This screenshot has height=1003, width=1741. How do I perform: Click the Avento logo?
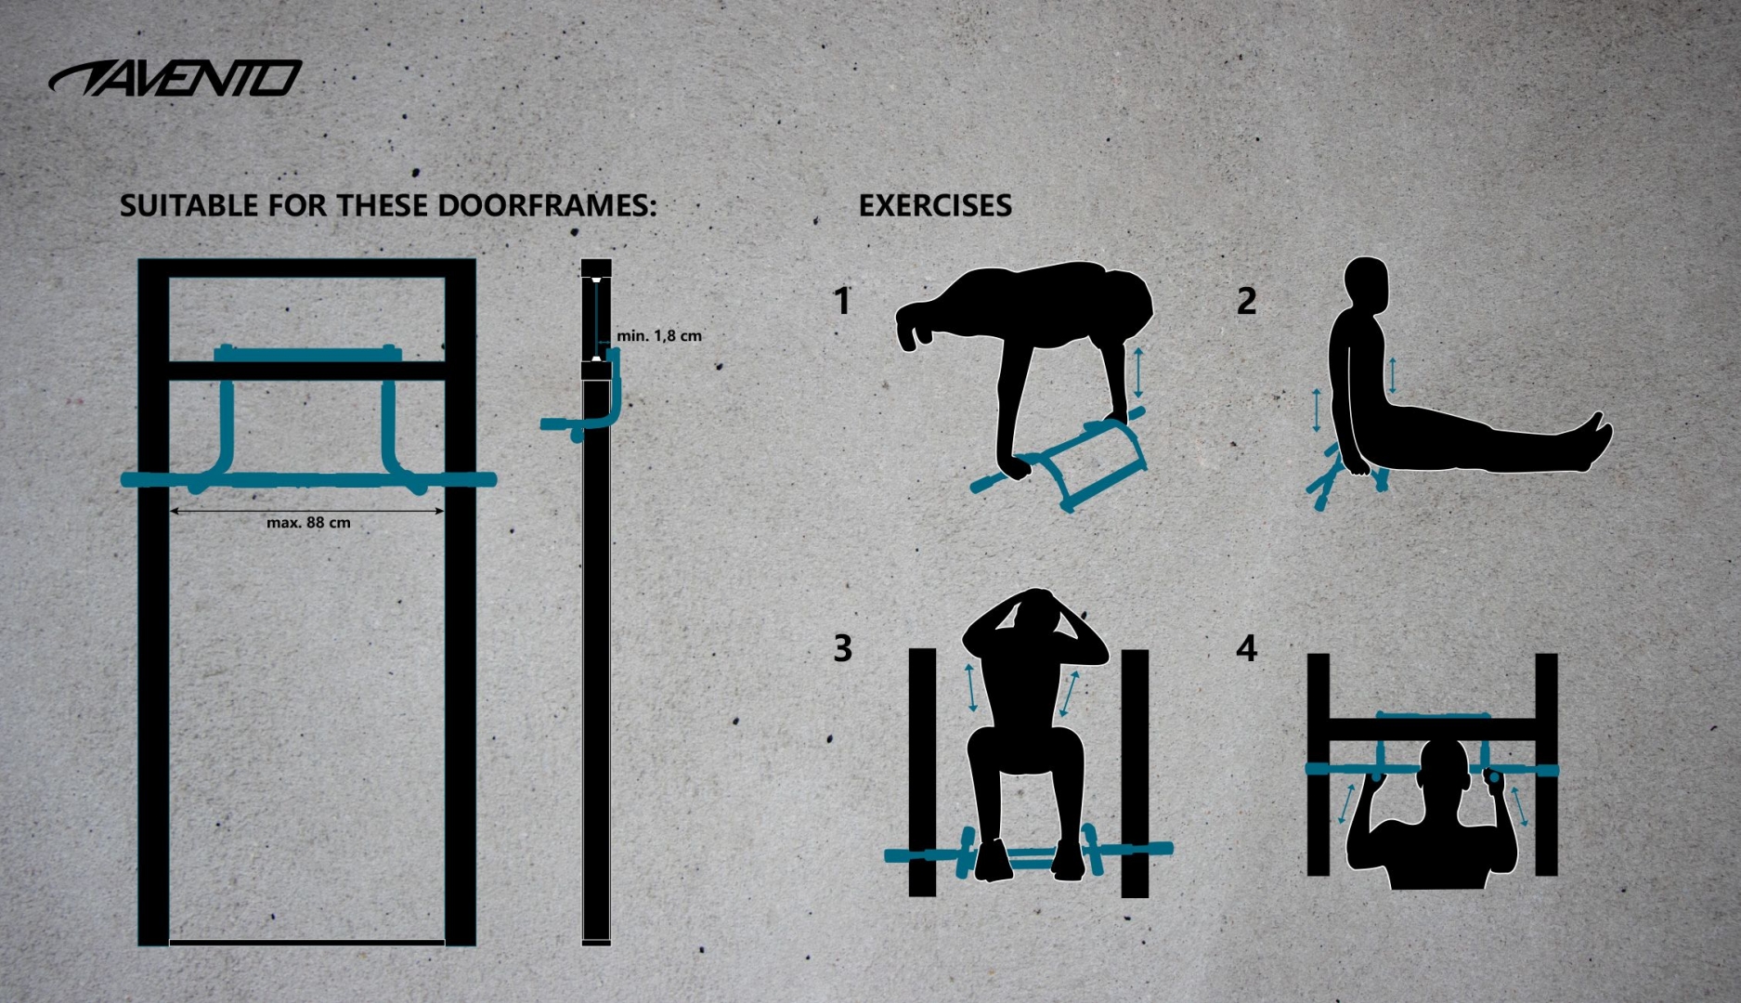click(x=175, y=79)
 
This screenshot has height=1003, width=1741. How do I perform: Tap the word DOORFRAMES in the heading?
click(x=547, y=205)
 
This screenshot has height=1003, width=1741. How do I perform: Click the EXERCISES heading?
click(x=935, y=205)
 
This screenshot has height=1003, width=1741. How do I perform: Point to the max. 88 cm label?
click(x=308, y=523)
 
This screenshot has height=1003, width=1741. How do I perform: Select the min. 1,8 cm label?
click(x=659, y=335)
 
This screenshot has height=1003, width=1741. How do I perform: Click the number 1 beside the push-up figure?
click(x=842, y=301)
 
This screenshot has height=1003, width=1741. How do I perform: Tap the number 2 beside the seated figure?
click(x=1246, y=301)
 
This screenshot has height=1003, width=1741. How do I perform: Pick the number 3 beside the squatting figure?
click(x=842, y=648)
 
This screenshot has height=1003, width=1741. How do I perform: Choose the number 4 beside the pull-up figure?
click(x=1246, y=648)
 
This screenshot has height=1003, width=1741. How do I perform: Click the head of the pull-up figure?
click(x=1445, y=776)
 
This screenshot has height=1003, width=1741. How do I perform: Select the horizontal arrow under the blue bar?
click(x=307, y=510)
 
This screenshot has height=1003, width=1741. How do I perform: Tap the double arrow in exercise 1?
click(x=1138, y=371)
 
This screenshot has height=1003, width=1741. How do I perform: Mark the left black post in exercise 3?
click(x=922, y=773)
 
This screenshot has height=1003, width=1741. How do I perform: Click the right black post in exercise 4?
click(x=1546, y=764)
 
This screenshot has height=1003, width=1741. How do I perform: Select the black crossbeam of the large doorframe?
click(x=307, y=371)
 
